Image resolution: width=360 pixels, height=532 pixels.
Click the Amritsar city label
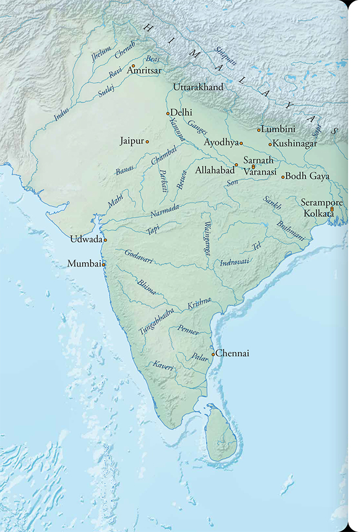pos(145,71)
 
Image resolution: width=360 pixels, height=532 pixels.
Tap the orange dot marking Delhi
pos(167,114)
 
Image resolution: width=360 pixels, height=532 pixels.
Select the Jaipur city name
pos(132,141)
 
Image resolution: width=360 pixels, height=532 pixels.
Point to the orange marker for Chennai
pos(213,354)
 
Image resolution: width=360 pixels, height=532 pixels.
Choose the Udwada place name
pos(86,240)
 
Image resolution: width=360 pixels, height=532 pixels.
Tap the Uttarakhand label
pos(199,87)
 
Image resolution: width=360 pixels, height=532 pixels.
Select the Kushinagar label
pos(295,143)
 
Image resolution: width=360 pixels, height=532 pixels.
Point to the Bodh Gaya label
pos(307,177)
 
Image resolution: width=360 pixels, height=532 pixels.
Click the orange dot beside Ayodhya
pos(241,143)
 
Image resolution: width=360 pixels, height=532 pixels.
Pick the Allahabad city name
pos(214,169)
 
